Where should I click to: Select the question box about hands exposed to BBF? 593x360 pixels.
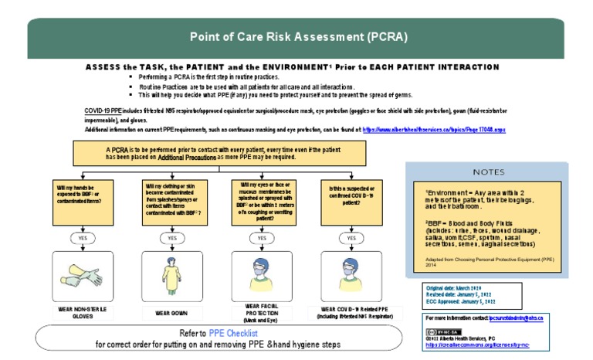(83, 201)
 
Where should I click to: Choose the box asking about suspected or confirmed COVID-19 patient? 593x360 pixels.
(351, 201)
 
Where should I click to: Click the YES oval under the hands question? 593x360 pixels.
(83, 239)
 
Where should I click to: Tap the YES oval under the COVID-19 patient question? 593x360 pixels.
(351, 239)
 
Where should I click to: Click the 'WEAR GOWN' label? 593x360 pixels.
(171, 313)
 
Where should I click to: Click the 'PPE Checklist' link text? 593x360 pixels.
(233, 333)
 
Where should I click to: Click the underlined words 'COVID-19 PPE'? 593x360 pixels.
(101, 112)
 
